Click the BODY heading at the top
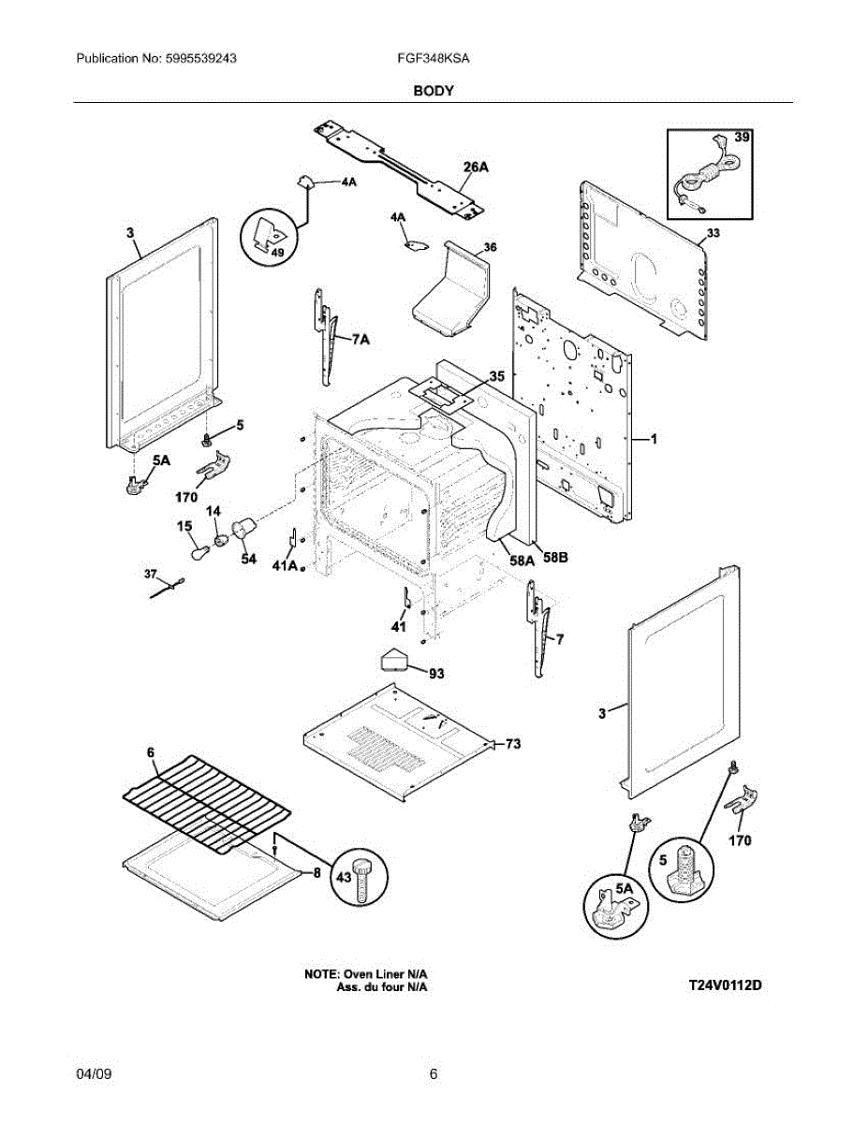(x=434, y=91)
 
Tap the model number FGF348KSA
(x=434, y=58)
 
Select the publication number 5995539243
(x=200, y=58)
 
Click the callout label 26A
(x=475, y=167)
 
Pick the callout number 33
(x=713, y=233)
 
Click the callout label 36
(x=490, y=248)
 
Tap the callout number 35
(x=496, y=376)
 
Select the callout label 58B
(x=554, y=558)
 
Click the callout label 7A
(x=360, y=340)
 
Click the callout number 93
(x=436, y=674)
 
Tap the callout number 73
(x=513, y=744)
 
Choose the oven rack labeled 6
(x=207, y=803)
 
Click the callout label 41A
(x=285, y=566)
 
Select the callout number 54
(x=249, y=559)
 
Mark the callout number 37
(x=150, y=575)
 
